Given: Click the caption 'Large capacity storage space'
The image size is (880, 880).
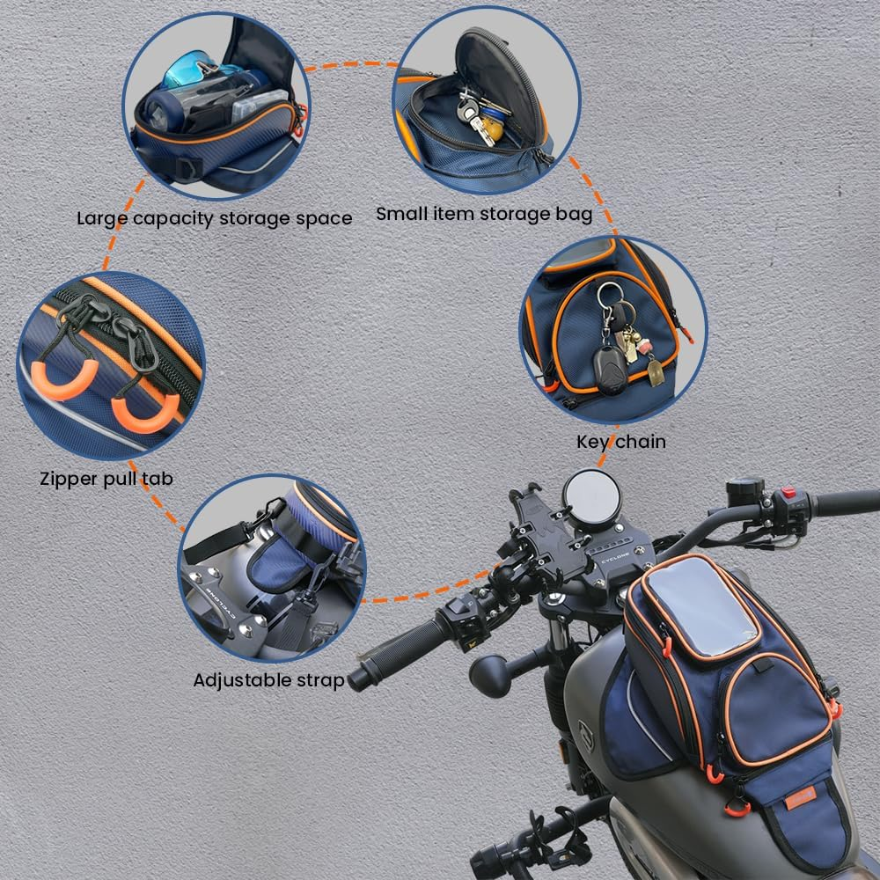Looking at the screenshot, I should pyautogui.click(x=214, y=217).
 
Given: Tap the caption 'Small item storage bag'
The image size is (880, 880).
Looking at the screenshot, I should pyautogui.click(x=484, y=214).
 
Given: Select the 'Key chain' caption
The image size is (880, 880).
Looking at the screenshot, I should pyautogui.click(x=620, y=441).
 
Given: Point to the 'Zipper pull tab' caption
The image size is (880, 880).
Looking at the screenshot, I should pyautogui.click(x=106, y=479).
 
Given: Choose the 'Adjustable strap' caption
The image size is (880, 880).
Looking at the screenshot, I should pyautogui.click(x=268, y=679).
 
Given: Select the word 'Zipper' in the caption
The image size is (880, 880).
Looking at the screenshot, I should pyautogui.click(x=68, y=479).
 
